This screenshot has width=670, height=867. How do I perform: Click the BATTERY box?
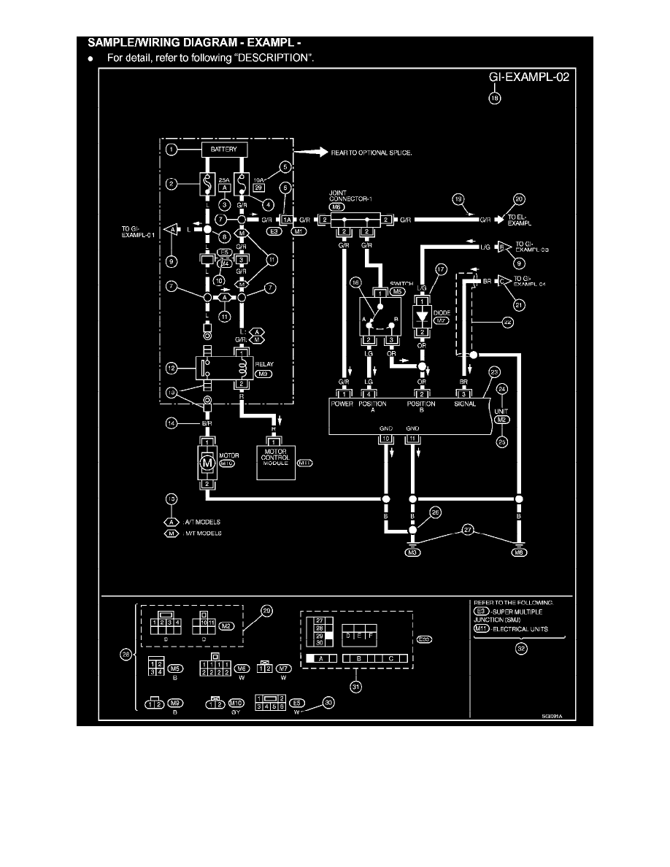tap(225, 150)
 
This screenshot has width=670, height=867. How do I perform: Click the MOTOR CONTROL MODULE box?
tap(274, 460)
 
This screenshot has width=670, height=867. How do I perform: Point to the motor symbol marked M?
tap(208, 461)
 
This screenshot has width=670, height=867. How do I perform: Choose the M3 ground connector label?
tap(413, 553)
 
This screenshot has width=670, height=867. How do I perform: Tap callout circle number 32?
tap(520, 652)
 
